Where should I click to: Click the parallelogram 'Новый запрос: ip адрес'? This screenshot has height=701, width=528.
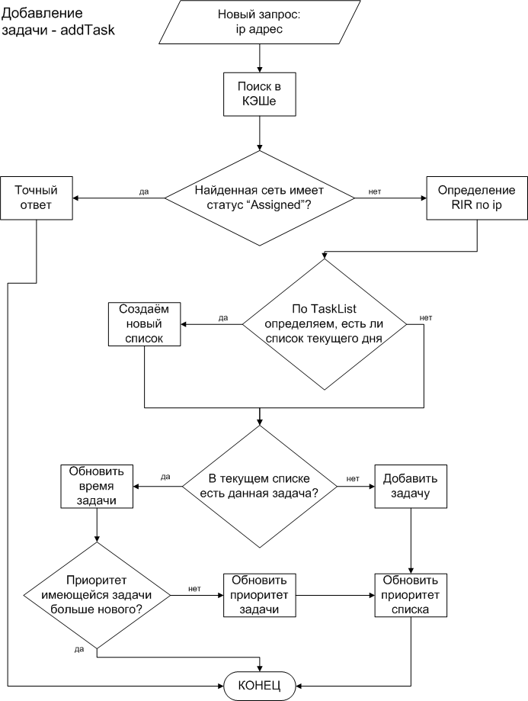click(x=259, y=22)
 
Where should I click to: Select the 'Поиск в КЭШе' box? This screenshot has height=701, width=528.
click(x=259, y=94)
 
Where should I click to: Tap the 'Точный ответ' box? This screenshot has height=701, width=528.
click(x=36, y=198)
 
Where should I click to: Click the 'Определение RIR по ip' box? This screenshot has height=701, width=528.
click(x=477, y=198)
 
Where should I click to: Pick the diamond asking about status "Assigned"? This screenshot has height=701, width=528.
click(x=260, y=198)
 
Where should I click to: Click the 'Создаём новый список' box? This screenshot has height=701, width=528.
click(x=144, y=324)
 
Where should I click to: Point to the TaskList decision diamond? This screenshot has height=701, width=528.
click(x=325, y=324)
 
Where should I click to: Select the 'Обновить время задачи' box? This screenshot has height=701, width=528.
click(x=97, y=486)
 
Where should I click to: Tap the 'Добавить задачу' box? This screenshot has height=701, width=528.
click(x=411, y=486)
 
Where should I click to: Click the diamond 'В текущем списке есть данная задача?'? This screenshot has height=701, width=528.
click(x=260, y=486)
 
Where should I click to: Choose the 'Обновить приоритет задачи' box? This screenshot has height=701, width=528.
click(x=259, y=595)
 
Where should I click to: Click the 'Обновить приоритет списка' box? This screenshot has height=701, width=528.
click(x=411, y=595)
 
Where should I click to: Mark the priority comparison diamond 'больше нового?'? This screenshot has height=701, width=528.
click(x=97, y=595)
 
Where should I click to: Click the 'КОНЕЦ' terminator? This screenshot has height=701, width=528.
click(x=259, y=685)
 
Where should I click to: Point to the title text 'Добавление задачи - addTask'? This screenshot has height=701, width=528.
click(x=58, y=22)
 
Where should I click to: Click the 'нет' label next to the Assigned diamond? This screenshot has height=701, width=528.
click(x=375, y=191)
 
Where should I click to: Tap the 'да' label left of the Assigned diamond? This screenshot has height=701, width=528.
click(x=144, y=191)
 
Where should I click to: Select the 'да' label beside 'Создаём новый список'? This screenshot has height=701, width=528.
click(x=223, y=318)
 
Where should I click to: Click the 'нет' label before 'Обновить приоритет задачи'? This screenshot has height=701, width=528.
click(x=194, y=589)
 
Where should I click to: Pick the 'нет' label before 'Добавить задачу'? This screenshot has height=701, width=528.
click(x=353, y=479)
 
